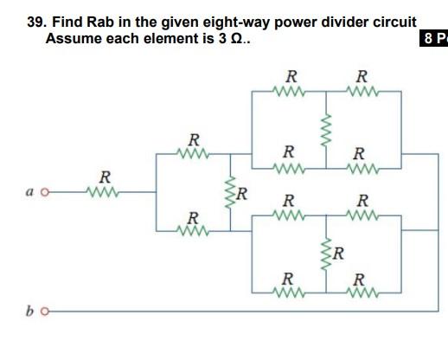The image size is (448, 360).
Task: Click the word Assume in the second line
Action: click(71, 40)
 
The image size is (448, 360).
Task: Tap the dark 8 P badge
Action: click(434, 40)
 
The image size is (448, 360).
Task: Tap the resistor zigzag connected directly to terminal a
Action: click(104, 193)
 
